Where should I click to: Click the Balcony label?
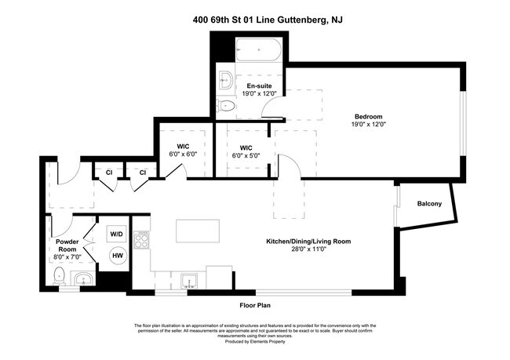tap(429, 204)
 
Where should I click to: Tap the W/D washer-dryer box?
tap(116, 234)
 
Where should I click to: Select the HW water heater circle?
tap(118, 256)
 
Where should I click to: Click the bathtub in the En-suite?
tap(258, 49)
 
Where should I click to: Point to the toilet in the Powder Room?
tap(59, 276)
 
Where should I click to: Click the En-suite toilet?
tap(225, 106)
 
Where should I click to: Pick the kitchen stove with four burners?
tap(141, 240)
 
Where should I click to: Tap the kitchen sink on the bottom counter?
tap(189, 281)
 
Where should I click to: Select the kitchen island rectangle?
tap(198, 231)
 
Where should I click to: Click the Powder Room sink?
tap(84, 279)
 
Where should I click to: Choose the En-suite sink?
tap(225, 80)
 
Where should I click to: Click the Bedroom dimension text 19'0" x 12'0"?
tap(368, 124)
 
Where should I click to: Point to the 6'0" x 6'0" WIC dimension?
tap(183, 155)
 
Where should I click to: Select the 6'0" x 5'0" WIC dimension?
tap(246, 156)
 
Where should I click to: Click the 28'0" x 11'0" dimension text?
tap(308, 249)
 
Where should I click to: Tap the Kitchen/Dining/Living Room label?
tap(308, 242)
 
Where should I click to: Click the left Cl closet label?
tap(109, 173)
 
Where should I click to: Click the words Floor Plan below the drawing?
tap(255, 305)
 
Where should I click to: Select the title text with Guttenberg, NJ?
tap(268, 20)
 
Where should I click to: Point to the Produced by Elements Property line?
tap(255, 341)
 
